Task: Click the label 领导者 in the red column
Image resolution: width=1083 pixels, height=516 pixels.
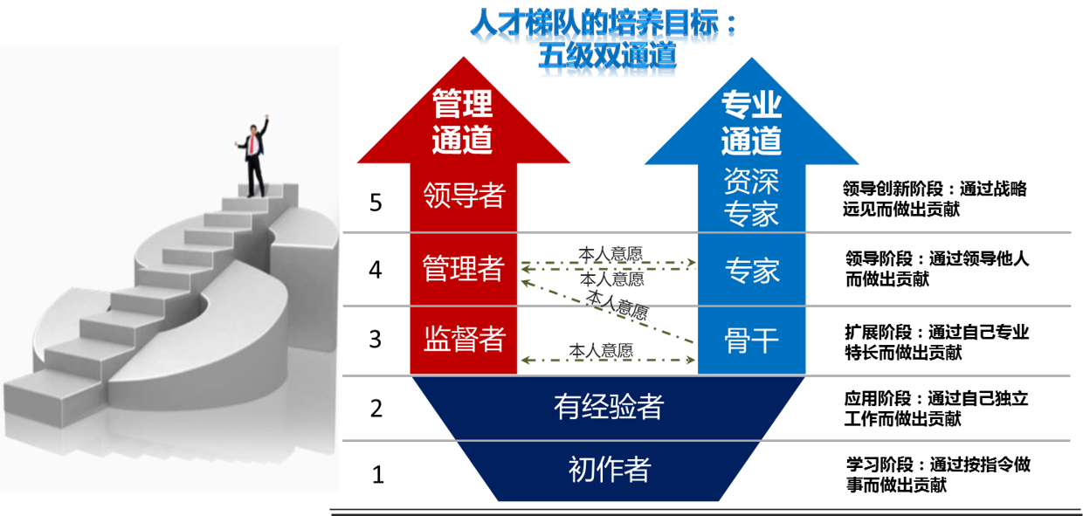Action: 464,195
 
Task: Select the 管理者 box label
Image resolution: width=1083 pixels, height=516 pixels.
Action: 464,269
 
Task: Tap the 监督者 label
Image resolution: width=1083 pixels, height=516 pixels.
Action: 464,339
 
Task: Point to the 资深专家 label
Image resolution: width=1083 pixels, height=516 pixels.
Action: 751,197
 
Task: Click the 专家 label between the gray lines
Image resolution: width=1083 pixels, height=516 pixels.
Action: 751,271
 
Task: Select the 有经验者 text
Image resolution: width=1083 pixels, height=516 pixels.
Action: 609,406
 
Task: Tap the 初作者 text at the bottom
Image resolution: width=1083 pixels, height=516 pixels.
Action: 609,471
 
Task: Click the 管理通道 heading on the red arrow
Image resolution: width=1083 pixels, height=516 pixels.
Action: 463,122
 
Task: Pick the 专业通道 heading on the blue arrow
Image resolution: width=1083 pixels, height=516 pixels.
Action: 751,123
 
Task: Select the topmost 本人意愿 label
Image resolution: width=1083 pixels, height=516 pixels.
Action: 610,253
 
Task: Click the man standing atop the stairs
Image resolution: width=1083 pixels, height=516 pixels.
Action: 255,157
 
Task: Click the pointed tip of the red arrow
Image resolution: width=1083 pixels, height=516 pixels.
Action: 463,59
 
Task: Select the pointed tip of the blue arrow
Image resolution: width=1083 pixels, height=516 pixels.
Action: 752,59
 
